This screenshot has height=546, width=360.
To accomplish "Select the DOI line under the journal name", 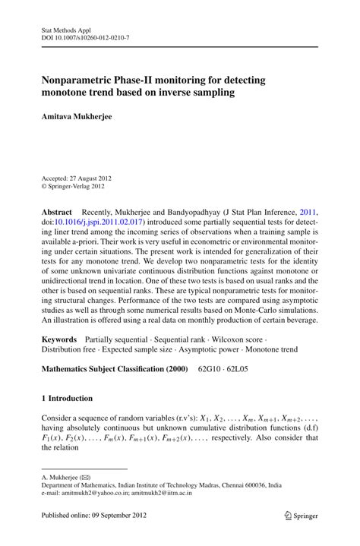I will (x=85, y=36).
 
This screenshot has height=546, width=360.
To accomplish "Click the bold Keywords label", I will (x=59, y=336).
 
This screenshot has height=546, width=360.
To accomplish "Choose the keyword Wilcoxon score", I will (x=258, y=336).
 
